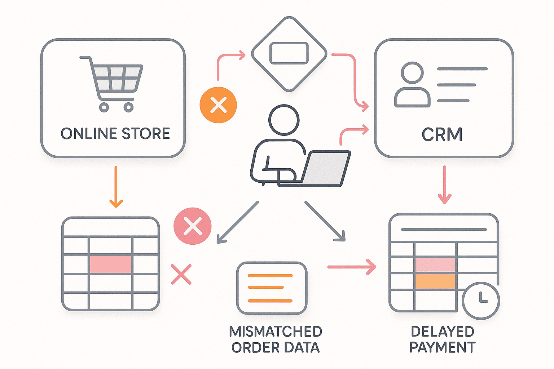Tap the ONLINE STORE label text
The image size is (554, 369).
[x=115, y=134]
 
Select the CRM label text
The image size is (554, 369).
[x=442, y=135]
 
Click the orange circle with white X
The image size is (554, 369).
[x=218, y=105]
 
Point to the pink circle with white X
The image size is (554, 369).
[x=193, y=226]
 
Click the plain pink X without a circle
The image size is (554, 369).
[x=181, y=275]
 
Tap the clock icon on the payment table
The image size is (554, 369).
[x=481, y=300]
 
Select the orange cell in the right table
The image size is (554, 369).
[x=435, y=281]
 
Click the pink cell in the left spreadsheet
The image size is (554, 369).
[x=110, y=264]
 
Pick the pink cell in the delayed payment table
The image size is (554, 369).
[x=435, y=265]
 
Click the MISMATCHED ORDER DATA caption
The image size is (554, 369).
[x=276, y=339]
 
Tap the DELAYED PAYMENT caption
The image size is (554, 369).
[x=443, y=339]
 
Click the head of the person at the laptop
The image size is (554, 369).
[x=284, y=120]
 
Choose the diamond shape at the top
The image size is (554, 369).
[x=289, y=54]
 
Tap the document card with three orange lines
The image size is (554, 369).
[x=272, y=288]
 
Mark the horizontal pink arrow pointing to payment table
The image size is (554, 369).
[x=351, y=267]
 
